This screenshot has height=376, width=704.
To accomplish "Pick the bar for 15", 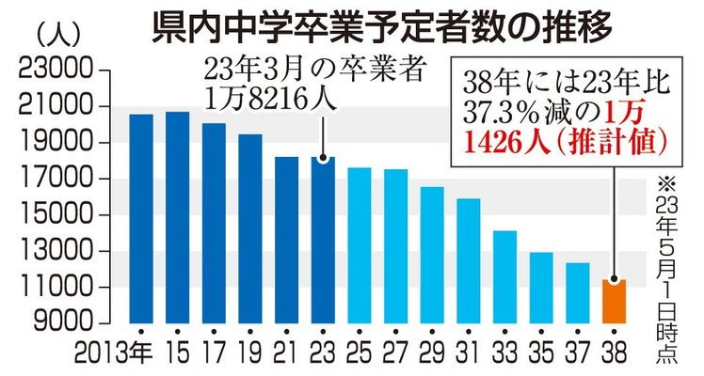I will (177, 217).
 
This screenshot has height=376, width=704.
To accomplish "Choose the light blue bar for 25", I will (359, 244).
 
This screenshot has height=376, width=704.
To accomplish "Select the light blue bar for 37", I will (577, 292).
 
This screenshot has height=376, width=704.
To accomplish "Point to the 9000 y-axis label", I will (58, 323).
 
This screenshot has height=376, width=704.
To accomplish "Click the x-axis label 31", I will (469, 354).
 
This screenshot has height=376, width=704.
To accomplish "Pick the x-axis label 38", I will (614, 354).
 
